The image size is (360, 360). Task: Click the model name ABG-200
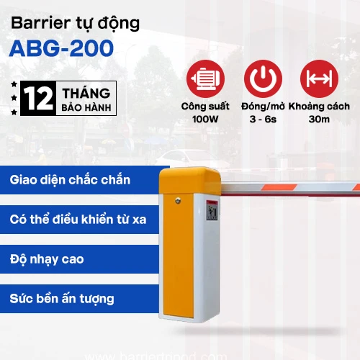[61, 48]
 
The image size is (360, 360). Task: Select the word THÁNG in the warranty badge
[86, 94]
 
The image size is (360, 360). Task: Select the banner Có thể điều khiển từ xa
[78, 218]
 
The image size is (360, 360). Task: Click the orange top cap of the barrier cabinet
[189, 184]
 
